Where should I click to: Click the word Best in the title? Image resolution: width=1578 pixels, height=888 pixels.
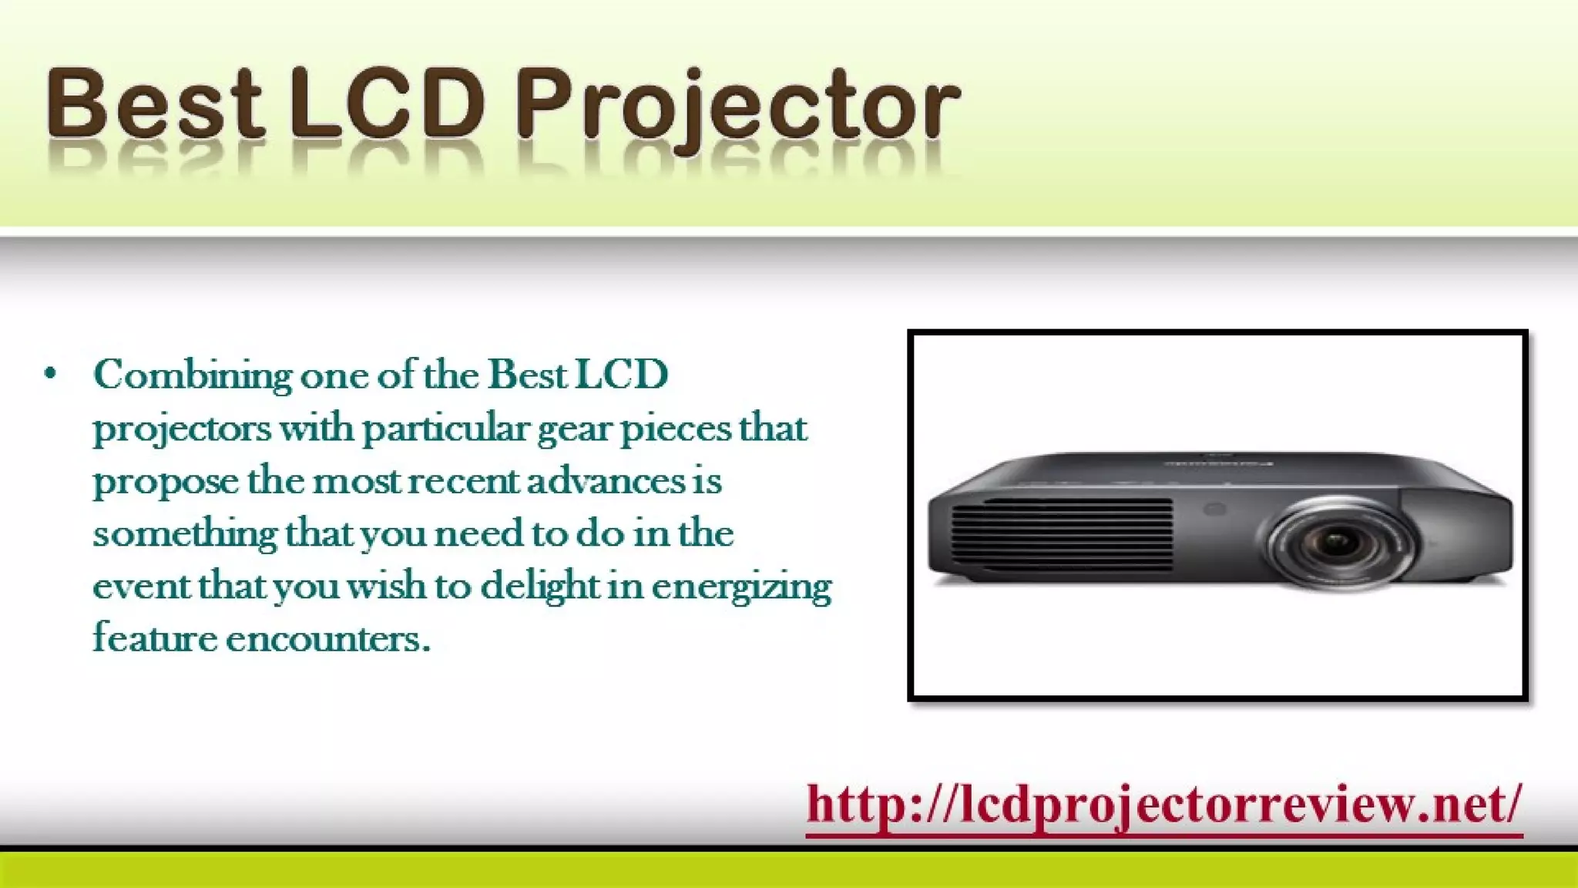[154, 104]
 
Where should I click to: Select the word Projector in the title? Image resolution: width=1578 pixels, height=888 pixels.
[737, 108]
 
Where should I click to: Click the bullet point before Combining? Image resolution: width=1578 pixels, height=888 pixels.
[51, 375]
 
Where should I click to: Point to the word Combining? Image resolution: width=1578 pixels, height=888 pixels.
[193, 376]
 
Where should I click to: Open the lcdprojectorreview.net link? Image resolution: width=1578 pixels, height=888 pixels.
[1163, 805]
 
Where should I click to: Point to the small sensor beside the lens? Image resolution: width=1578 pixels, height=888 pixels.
[1215, 510]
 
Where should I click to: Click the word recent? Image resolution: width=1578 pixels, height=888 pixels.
[463, 482]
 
